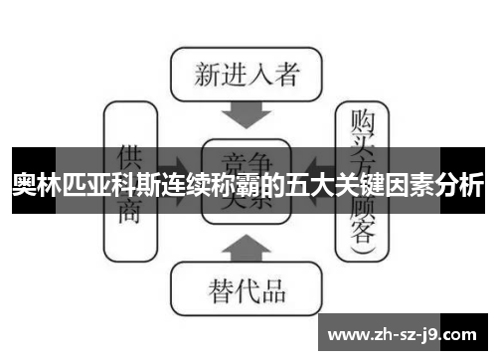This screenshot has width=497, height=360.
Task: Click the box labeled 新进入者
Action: (245, 75)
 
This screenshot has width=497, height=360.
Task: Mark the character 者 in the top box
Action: (290, 75)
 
